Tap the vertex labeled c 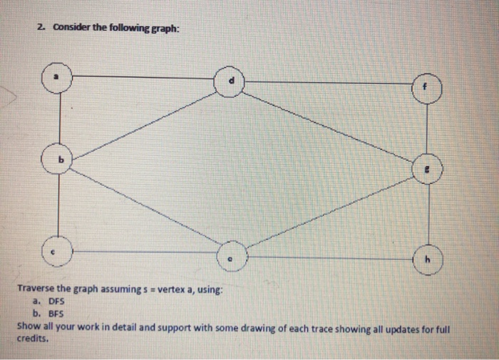61,250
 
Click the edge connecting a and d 143,75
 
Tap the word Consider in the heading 68,28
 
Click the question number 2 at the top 42,28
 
